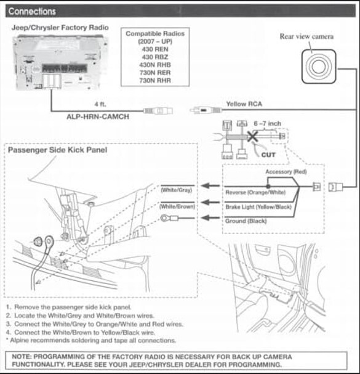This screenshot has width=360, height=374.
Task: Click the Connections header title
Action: [32, 12]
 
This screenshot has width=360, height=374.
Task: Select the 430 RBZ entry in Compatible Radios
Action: [155, 57]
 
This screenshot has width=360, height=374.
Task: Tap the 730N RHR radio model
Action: [155, 80]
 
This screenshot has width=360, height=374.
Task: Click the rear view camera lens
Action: [319, 67]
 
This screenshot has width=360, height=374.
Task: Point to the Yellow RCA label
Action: [244, 104]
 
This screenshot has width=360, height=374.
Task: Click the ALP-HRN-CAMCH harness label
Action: [98, 116]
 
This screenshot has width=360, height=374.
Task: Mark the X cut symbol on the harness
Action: [252, 137]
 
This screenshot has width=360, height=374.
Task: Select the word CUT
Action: [268, 155]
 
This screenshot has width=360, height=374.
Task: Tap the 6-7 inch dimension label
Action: [267, 124]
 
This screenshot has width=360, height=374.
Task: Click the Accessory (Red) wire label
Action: [286, 172]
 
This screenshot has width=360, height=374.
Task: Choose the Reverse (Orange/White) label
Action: [255, 192]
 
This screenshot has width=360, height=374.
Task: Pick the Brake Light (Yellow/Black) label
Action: [258, 207]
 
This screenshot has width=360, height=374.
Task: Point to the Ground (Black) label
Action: [246, 221]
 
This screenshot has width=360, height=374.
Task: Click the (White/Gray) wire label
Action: [177, 190]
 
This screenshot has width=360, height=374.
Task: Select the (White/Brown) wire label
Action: [177, 206]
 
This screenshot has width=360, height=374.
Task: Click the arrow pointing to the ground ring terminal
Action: [210, 217]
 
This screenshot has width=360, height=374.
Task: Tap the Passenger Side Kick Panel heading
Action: [57, 150]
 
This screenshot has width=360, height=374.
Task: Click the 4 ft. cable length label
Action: [100, 104]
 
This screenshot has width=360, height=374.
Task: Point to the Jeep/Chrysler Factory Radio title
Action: [60, 28]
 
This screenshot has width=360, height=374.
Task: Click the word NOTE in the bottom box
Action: [22, 357]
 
